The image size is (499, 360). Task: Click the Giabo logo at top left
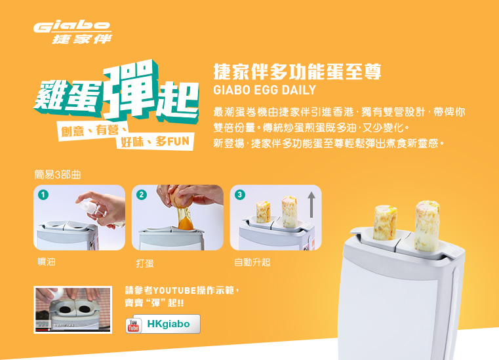click(x=73, y=33)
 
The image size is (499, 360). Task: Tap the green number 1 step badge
click(x=43, y=195)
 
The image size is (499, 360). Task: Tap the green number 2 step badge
click(x=142, y=195)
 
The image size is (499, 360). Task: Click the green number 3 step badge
click(x=240, y=195)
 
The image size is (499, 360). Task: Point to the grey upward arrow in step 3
click(x=311, y=205)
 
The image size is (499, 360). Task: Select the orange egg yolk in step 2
click(x=185, y=221)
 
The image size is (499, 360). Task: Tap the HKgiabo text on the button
click(x=169, y=324)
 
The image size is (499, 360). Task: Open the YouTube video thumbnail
click(x=73, y=310)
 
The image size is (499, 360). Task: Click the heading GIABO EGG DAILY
click(x=264, y=90)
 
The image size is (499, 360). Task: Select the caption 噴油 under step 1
click(x=47, y=262)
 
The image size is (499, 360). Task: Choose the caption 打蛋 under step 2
click(x=145, y=263)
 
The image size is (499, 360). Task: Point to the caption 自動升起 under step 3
click(x=252, y=262)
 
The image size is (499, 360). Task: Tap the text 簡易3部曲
click(x=58, y=174)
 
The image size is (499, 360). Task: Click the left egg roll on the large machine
click(x=386, y=222)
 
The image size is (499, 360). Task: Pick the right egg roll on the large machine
click(x=428, y=226)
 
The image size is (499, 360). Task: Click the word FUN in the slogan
click(x=178, y=142)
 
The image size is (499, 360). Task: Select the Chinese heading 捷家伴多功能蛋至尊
click(x=297, y=71)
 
